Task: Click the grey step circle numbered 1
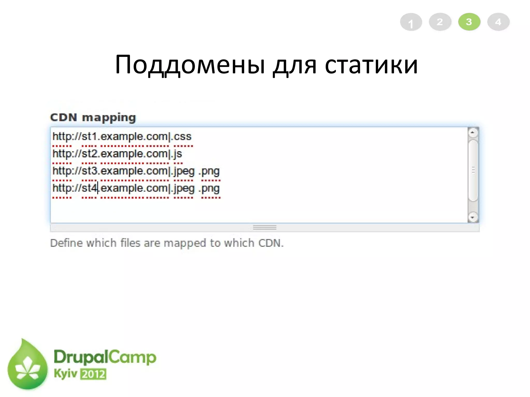(411, 22)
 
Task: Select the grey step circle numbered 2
(440, 22)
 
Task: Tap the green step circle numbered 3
(469, 22)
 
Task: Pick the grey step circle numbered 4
(498, 22)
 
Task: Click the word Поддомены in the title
(190, 65)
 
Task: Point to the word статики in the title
(371, 65)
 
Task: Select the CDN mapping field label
(93, 118)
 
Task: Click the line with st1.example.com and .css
(122, 136)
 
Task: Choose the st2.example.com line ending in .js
(117, 154)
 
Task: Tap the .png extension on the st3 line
(209, 171)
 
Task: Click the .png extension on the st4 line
(209, 189)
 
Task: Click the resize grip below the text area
(264, 228)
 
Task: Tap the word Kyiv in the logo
(65, 373)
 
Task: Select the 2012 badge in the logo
(93, 374)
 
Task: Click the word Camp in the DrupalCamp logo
(132, 357)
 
